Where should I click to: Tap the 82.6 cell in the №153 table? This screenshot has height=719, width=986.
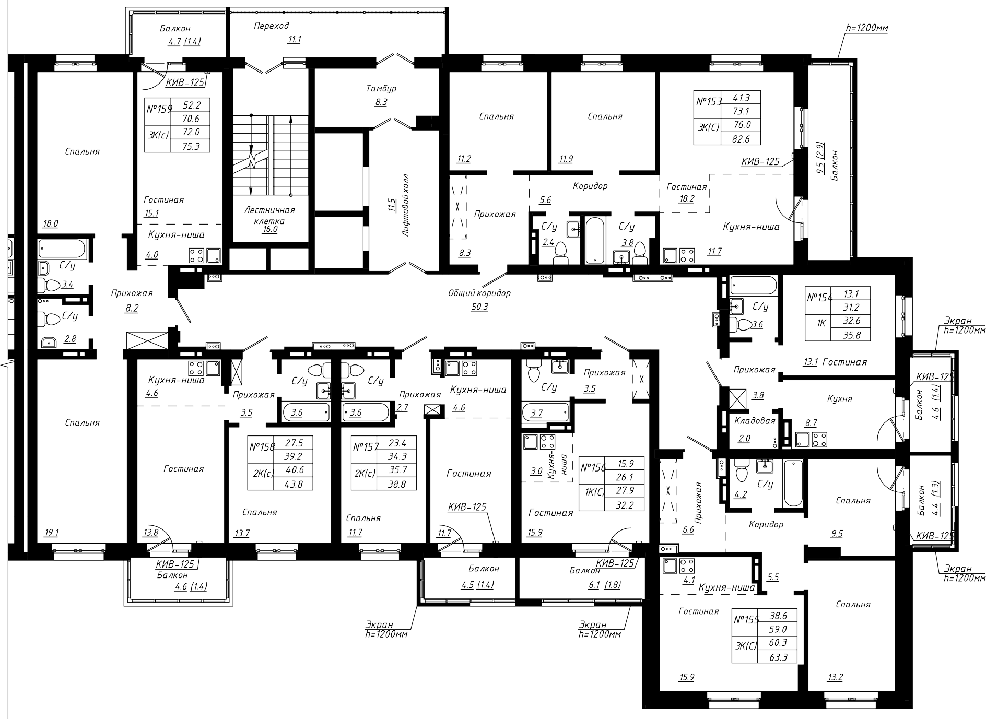coord(741,138)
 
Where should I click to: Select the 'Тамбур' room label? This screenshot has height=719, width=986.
coord(381,88)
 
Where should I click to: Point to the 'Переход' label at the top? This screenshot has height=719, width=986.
coord(272,25)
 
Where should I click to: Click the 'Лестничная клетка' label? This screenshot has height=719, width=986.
coord(269,215)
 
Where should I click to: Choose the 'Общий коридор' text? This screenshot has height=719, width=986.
coord(479,293)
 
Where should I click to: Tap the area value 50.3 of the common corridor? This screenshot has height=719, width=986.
coord(479,307)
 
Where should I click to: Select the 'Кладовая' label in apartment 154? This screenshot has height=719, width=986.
coord(755,421)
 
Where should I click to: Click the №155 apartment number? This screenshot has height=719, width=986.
coord(746,620)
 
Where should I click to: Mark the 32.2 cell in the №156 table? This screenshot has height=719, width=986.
coord(624,505)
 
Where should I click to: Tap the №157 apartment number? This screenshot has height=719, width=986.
coord(365,447)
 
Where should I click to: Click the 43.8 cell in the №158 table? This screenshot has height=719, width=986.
coord(294,484)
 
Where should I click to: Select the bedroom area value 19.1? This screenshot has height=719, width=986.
coord(52,533)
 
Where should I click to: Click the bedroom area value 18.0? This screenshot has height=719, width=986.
coord(51,224)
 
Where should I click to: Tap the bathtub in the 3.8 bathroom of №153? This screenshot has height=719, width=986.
coord(596,241)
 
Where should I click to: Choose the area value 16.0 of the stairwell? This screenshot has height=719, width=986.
coord(270,229)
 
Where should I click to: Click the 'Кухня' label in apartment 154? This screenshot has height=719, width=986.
coord(840,398)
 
